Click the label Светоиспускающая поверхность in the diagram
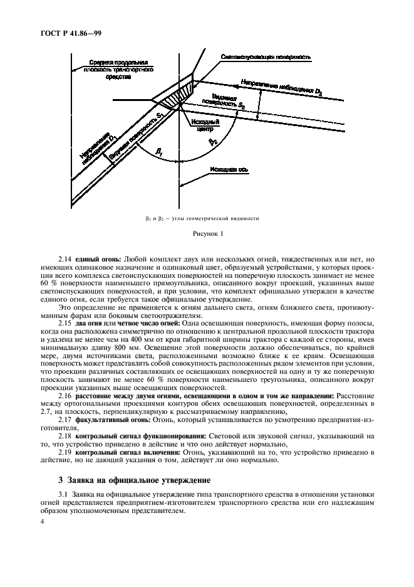pos(266,57)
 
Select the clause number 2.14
pos(66,259)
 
